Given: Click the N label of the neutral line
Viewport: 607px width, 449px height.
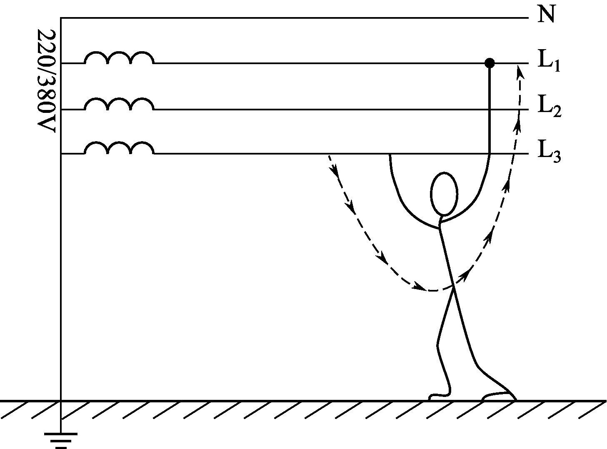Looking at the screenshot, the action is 546,14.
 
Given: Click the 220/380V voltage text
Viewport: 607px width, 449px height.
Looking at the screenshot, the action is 47,81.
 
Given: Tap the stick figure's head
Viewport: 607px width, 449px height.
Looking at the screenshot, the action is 444,194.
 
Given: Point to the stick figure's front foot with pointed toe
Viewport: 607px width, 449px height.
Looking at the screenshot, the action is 499,396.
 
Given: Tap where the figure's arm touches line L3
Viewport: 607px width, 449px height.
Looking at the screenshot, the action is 390,155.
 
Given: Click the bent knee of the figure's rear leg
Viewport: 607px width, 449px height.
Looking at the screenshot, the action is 437,345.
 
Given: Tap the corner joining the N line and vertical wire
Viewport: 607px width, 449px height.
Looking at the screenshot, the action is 61,18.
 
